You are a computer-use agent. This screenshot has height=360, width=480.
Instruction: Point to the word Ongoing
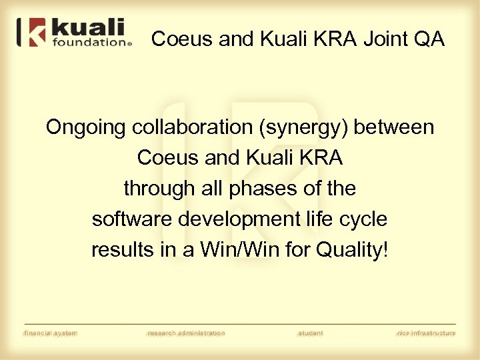[x=85, y=127]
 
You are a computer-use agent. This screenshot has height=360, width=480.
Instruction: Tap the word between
[x=394, y=127]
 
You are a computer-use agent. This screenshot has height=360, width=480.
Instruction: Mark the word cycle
[x=367, y=220]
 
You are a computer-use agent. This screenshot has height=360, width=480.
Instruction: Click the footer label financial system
[x=51, y=333]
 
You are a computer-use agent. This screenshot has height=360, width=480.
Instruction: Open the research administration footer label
[x=186, y=333]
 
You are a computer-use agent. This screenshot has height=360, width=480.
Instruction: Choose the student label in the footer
[x=310, y=333]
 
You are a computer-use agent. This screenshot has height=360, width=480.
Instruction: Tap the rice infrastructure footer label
[x=425, y=333]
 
